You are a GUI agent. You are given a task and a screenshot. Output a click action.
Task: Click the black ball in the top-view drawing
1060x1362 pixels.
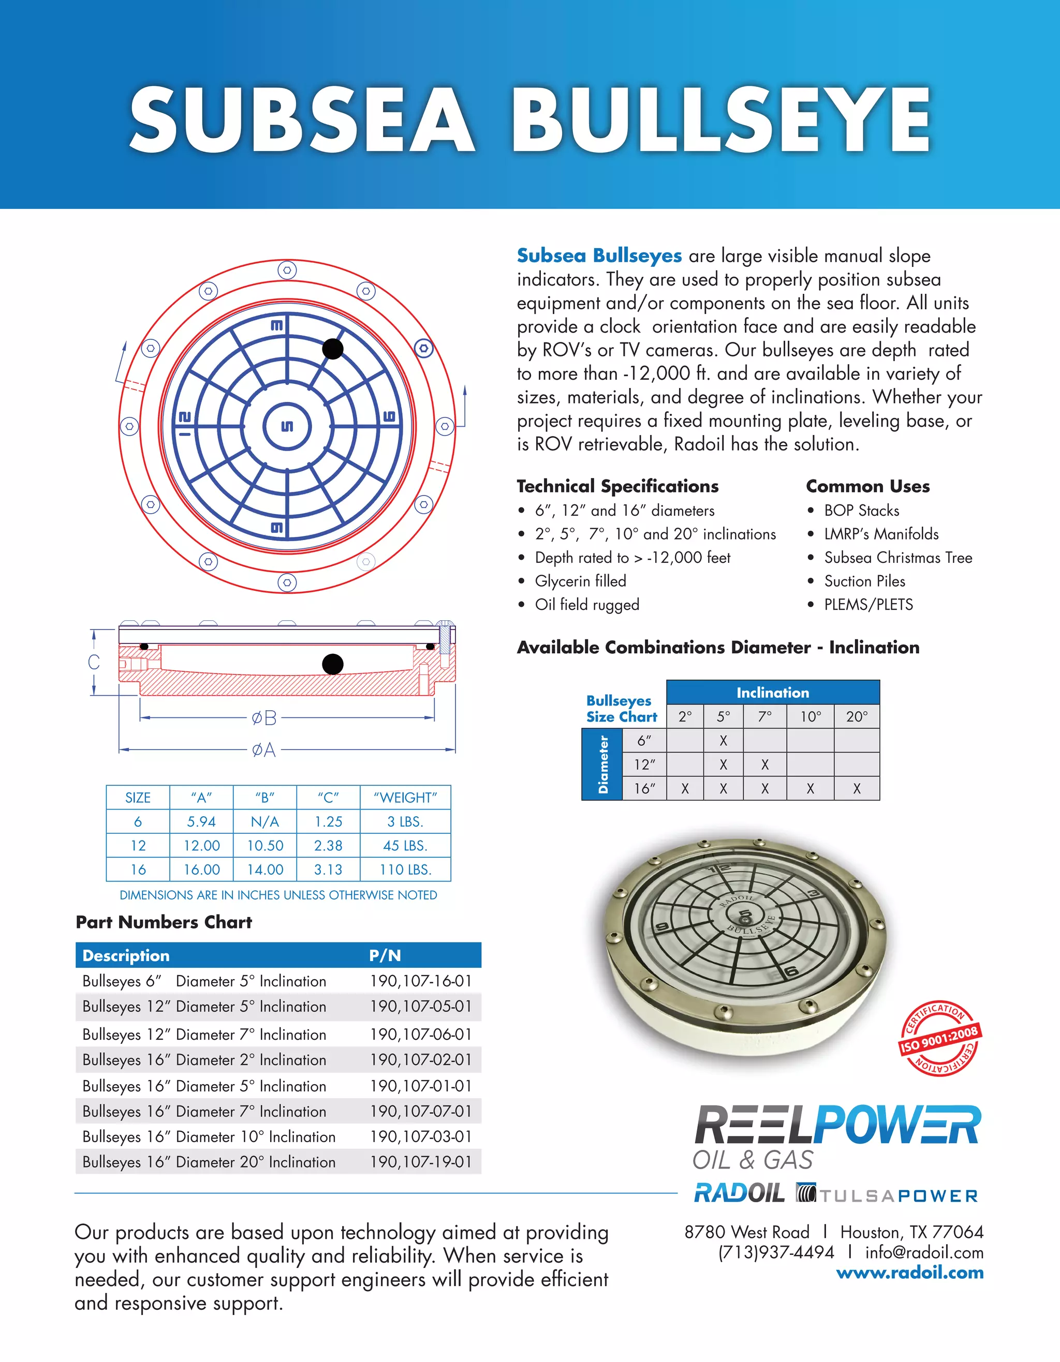point(332,349)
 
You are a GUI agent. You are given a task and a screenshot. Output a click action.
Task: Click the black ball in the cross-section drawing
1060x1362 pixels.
point(332,664)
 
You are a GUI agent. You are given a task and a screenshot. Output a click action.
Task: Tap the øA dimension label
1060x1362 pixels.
point(263,749)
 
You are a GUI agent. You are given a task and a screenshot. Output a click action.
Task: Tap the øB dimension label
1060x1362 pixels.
point(264,719)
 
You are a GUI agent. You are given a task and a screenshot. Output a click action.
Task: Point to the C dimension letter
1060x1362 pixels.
point(94,662)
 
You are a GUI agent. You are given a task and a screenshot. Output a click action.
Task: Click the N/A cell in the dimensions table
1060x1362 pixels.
point(264,822)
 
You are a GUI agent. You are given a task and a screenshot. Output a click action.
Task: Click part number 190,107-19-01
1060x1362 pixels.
point(420,1162)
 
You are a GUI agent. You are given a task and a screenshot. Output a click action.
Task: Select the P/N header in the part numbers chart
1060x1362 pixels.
point(385,955)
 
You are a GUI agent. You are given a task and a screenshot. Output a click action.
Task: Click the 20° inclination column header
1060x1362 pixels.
point(857,716)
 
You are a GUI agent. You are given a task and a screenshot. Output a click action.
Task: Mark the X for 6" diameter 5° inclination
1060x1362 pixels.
point(723,741)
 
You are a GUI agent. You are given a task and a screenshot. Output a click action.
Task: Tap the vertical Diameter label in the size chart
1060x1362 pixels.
point(602,765)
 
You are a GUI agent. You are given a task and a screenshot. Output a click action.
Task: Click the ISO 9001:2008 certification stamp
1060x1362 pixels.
point(938,1038)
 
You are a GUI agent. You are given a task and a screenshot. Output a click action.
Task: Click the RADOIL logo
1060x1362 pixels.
point(739,1192)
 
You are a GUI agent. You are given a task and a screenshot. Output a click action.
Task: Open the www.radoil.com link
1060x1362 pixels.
point(909,1273)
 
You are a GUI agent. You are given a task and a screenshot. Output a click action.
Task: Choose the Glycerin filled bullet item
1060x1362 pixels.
point(580,581)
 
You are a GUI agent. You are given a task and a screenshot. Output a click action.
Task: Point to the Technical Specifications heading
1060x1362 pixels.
point(617,486)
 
